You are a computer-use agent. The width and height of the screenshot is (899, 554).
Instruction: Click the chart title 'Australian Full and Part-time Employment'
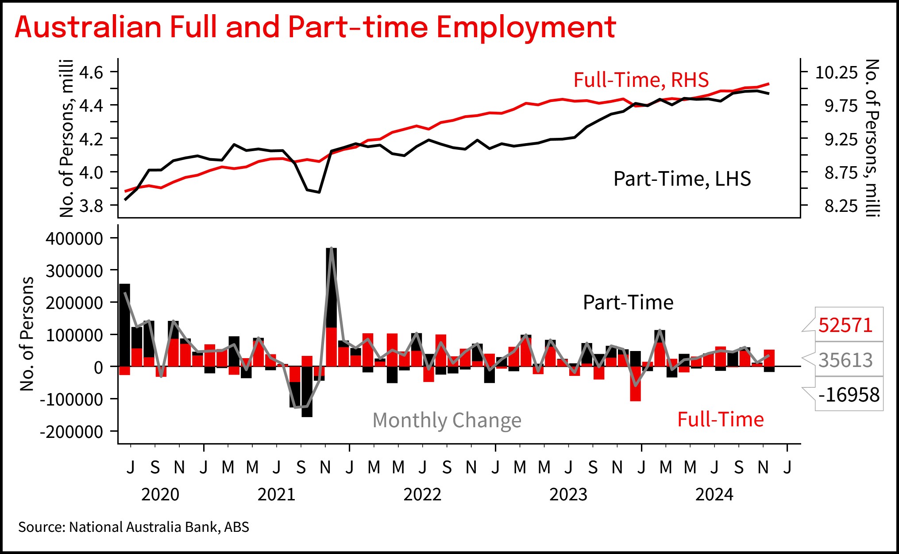coord(315,27)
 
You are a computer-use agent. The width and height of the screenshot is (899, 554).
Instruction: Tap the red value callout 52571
coord(845,325)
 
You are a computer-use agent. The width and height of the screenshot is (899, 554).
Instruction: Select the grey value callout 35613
coord(845,360)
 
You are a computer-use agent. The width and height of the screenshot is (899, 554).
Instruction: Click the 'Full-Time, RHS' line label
coord(641,80)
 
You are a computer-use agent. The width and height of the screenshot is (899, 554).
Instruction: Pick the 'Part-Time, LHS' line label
coord(682,179)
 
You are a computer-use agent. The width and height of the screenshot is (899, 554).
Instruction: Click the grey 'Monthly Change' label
coord(447,420)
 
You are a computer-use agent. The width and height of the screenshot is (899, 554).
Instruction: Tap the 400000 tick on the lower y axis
coord(74,238)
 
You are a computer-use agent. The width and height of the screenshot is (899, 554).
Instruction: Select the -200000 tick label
coord(71,432)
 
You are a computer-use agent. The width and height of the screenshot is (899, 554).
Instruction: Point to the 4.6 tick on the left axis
coord(91,72)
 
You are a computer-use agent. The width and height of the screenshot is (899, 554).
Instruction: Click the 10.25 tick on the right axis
coord(836,72)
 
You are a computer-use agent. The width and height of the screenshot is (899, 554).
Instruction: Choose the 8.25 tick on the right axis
coord(841,206)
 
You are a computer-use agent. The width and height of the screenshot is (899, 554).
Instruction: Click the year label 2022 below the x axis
coord(422,495)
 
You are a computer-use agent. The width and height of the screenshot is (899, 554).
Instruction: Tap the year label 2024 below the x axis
coord(714,495)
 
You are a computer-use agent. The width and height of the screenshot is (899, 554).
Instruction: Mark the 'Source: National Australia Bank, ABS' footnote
coord(134,527)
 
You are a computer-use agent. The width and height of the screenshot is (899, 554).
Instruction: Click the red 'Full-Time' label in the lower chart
coord(720,419)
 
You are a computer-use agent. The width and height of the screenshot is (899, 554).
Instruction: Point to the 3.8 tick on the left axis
coord(91,206)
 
